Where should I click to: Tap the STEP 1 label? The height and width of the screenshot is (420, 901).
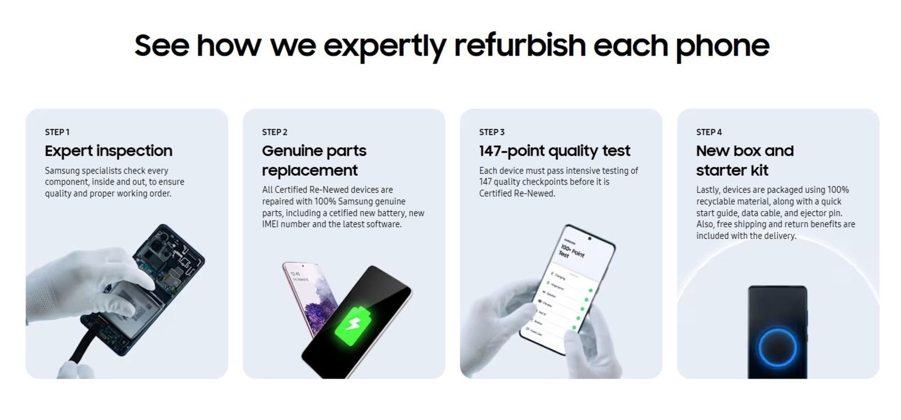point(57,132)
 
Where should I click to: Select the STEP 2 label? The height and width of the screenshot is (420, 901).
point(274,132)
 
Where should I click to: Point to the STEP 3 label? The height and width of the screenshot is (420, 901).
point(492,132)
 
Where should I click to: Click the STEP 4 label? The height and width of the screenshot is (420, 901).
point(708,132)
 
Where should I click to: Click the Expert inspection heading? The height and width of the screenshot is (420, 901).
point(108,151)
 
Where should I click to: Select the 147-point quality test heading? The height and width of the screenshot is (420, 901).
point(554,151)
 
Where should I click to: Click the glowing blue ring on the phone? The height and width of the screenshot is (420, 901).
point(777,347)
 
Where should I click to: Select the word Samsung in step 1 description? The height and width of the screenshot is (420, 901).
point(62,170)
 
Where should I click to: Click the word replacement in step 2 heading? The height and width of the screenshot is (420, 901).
point(310,170)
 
